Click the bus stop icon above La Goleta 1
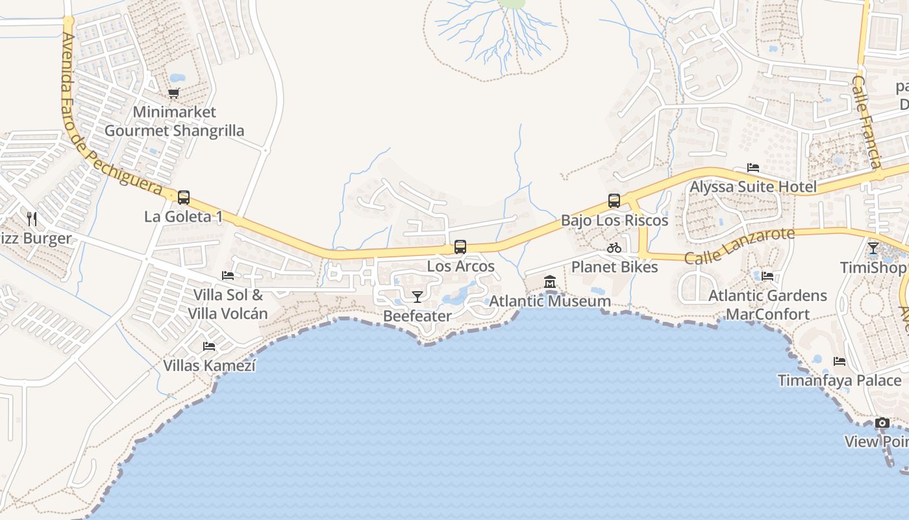[184, 197]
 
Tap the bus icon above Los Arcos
[460, 247]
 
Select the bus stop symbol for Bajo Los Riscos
[614, 201]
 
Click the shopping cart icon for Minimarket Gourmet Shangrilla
[173, 94]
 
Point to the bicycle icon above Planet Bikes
[614, 248]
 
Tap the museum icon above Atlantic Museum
[550, 282]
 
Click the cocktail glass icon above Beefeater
[417, 297]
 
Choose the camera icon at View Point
[882, 423]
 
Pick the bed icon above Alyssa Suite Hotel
[753, 168]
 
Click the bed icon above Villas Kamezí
[209, 346]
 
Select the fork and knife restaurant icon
[31, 219]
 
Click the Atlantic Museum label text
[550, 302]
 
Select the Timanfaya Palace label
[840, 380]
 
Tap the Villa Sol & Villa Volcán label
[228, 304]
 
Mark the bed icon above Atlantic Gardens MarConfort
[767, 276]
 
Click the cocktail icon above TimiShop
[873, 248]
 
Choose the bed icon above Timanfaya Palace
[840, 361]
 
